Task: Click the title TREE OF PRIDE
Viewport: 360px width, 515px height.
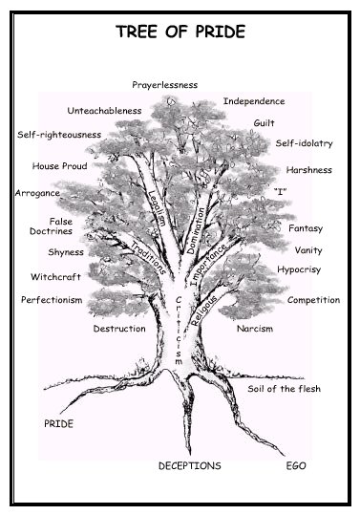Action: (x=180, y=32)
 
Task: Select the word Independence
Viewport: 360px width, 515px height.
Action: (x=254, y=100)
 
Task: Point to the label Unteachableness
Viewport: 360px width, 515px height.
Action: (x=104, y=110)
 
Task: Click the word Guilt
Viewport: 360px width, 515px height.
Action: (x=265, y=123)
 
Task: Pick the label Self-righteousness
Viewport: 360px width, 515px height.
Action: (x=59, y=135)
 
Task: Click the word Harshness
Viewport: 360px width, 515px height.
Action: (x=308, y=170)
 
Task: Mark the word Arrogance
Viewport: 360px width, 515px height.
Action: (x=37, y=193)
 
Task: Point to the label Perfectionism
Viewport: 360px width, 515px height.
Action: (x=52, y=299)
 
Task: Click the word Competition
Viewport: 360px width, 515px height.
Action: (x=313, y=300)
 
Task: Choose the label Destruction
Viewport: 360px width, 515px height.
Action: (x=119, y=329)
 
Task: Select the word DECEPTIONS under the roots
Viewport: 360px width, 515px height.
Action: (x=189, y=465)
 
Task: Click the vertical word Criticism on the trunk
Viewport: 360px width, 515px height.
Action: (x=179, y=330)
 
